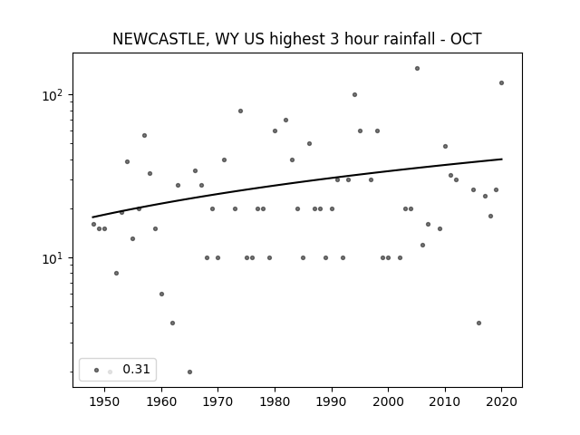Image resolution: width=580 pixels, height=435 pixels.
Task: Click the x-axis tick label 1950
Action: pos(104,401)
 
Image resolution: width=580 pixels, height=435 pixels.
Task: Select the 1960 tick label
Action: pos(161,401)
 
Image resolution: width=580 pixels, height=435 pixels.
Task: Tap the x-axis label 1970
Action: pos(217,401)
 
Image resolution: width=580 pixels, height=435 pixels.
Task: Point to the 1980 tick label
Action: pos(275,401)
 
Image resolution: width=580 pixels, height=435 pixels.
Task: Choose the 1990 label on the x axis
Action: pos(332,401)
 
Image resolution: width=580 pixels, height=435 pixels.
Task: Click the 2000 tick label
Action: pos(388,401)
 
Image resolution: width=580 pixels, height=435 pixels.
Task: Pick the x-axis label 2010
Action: pos(445,401)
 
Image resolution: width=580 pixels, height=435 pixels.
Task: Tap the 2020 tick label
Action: pos(501,401)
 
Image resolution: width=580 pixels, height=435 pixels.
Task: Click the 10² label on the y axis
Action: pos(55,95)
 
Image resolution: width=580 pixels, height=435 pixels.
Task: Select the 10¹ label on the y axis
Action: pos(55,258)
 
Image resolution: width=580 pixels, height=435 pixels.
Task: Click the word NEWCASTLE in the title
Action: pos(159,39)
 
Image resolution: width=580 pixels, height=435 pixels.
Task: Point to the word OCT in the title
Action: pos(466,39)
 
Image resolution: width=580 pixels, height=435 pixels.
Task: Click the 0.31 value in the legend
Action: pos(136,369)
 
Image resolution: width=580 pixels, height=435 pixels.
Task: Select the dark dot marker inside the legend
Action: pos(97,370)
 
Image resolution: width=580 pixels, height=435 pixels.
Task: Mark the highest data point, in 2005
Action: pos(417,69)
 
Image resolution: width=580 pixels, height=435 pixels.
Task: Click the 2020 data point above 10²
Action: pos(501,82)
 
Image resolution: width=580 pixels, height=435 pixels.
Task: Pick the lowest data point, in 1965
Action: pos(189,372)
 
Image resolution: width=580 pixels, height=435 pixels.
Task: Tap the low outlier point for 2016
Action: pos(478,323)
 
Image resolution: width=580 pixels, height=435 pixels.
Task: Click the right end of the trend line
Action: pos(502,159)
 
